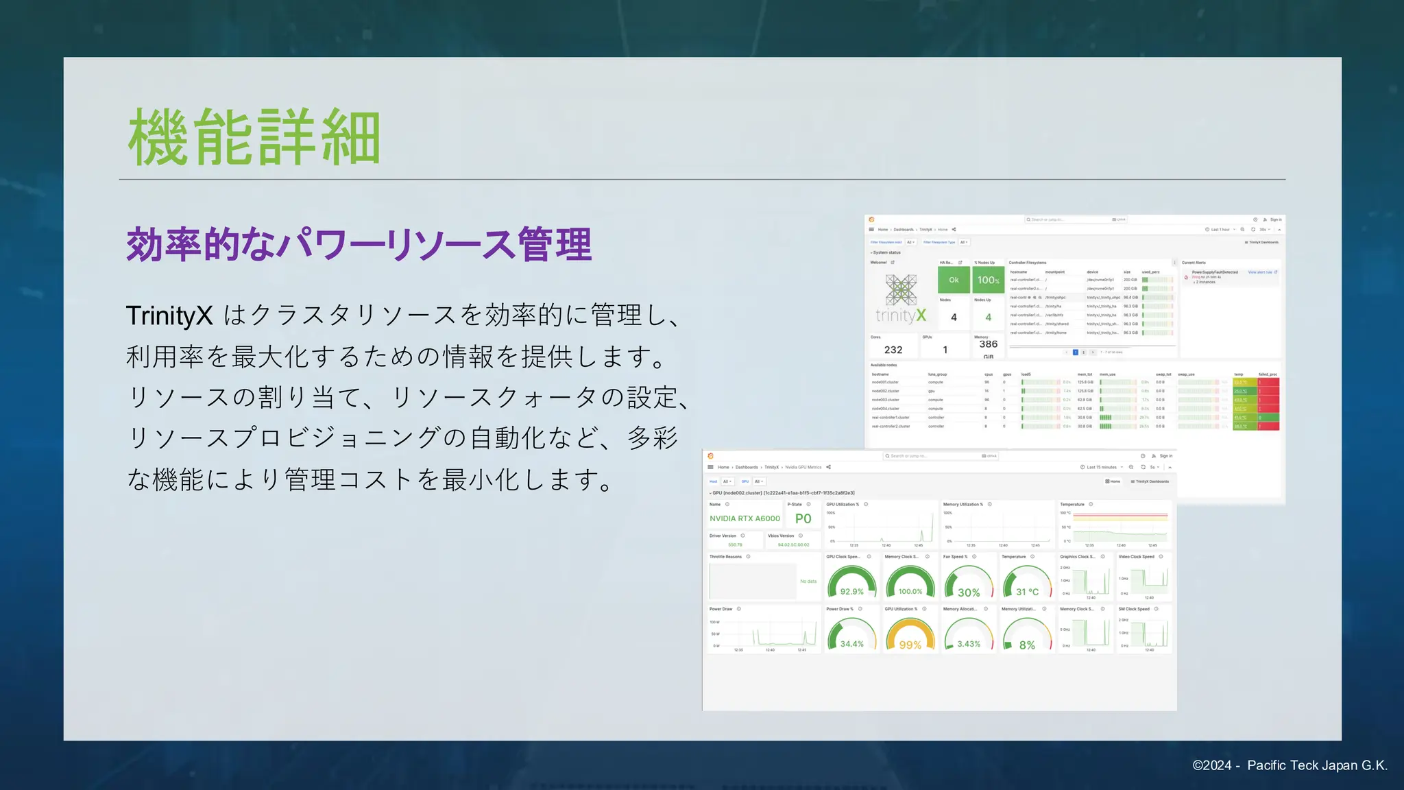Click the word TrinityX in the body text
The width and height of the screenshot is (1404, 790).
click(x=169, y=316)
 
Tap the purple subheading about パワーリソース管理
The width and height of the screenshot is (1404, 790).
click(x=359, y=245)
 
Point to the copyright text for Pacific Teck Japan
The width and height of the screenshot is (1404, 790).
click(x=1290, y=765)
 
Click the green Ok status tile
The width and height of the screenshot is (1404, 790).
click(x=954, y=280)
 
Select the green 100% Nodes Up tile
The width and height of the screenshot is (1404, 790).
click(x=988, y=280)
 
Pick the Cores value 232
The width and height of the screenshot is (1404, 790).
click(x=893, y=350)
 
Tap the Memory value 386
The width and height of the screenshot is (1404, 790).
click(x=988, y=344)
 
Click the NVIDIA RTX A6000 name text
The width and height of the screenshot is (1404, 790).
click(x=745, y=518)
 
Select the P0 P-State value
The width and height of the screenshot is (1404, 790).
click(x=803, y=518)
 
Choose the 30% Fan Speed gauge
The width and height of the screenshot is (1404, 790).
click(x=968, y=584)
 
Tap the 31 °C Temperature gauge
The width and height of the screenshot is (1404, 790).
click(x=1027, y=584)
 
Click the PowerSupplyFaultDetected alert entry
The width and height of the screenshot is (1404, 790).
click(x=1215, y=272)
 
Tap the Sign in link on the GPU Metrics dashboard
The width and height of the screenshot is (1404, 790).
click(x=1165, y=456)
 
